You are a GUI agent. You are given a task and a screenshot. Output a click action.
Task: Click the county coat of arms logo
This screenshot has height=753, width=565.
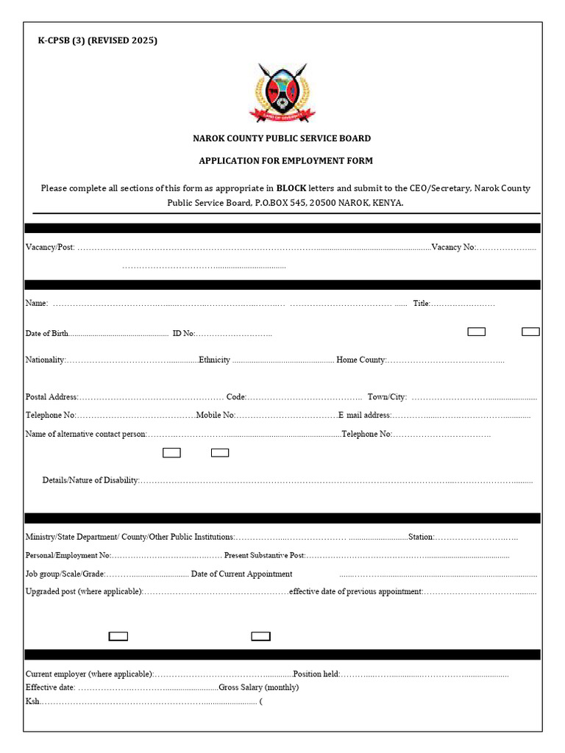(282, 92)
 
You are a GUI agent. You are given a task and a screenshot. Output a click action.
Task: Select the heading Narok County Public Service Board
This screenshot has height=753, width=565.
(282, 138)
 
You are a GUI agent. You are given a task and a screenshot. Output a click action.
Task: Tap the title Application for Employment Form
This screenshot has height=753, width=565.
(285, 160)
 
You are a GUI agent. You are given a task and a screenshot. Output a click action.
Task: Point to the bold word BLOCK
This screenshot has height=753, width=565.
(291, 188)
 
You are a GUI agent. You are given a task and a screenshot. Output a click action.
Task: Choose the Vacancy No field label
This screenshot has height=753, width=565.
(453, 247)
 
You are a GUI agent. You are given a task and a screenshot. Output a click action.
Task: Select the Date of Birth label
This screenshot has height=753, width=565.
(47, 333)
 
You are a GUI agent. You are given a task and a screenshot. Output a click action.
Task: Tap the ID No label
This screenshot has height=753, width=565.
(183, 333)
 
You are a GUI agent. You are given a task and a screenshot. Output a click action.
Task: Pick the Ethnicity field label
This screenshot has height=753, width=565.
(214, 360)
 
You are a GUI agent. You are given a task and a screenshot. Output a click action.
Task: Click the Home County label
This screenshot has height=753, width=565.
(360, 360)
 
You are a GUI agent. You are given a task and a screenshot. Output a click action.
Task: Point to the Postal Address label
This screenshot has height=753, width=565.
(51, 397)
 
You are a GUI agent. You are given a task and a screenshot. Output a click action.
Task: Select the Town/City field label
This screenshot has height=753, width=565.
(387, 397)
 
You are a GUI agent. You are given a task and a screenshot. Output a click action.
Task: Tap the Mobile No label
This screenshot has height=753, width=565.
(216, 415)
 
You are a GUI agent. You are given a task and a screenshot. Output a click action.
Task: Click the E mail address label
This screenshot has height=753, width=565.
(365, 415)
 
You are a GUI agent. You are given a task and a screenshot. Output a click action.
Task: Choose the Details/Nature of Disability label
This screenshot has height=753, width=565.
(90, 480)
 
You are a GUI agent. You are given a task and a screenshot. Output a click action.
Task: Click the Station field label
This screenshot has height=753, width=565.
(421, 538)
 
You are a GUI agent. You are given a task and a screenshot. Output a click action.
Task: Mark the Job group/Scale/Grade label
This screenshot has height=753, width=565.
(65, 574)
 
